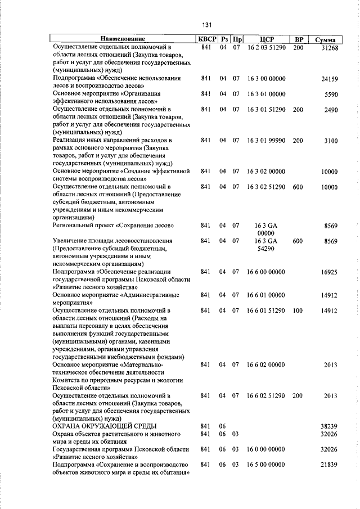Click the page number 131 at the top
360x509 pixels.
[206, 25]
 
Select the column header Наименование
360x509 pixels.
[123, 39]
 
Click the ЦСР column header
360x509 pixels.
[265, 39]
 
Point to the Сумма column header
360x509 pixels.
[326, 40]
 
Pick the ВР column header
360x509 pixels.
[298, 39]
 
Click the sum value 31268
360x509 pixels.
[328, 48]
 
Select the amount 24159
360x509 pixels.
[328, 79]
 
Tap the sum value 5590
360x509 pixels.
[331, 94]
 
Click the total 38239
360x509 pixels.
[328, 427]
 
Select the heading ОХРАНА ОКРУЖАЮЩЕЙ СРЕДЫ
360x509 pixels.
[105, 427]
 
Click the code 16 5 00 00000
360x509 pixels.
[266, 465]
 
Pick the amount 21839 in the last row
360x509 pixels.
[328, 466]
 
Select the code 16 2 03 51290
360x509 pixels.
[266, 48]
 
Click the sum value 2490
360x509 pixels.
[331, 110]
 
